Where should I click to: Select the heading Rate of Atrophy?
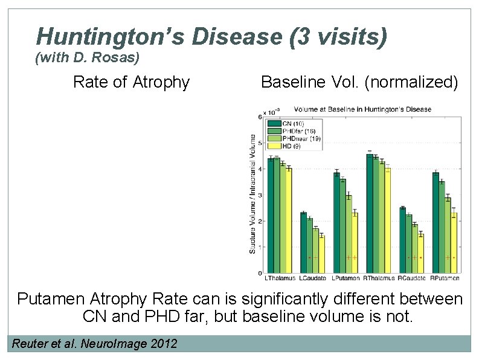point(131,82)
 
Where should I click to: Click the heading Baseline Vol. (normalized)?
point(359,82)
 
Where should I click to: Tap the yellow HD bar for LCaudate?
point(321,254)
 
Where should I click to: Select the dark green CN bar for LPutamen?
point(336,222)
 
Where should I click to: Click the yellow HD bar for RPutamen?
point(454,242)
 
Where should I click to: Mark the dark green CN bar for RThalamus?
point(369,213)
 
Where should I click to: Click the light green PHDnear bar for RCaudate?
point(414,248)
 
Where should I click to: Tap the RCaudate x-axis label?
point(411,278)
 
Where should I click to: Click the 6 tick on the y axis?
point(260,117)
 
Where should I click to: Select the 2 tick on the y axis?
point(260,221)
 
